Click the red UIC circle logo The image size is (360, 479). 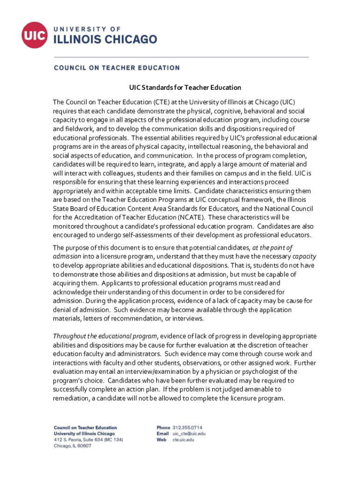pos(34,34)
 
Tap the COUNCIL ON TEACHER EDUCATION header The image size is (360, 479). pos(116,68)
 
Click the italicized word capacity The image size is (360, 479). pos(304,256)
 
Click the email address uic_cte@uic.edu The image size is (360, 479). pos(189,434)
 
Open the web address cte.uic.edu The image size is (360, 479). pos(183,440)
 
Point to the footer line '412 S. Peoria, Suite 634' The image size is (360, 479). pos(88,440)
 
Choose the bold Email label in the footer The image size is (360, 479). pos(162,434)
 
